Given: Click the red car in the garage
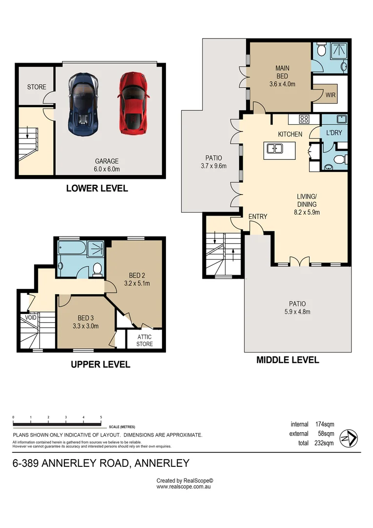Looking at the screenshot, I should (132, 103).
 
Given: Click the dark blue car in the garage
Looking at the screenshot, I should (82, 104).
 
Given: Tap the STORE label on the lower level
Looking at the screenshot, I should (37, 87).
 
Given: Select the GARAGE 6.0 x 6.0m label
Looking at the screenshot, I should (107, 165).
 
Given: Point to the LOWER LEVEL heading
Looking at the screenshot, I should (97, 188).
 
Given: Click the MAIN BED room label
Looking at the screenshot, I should (282, 76).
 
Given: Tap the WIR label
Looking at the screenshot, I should (331, 95).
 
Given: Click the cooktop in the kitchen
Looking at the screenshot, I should (304, 119).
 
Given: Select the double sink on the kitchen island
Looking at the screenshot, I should (274, 149).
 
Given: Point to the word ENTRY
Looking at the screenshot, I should (257, 216).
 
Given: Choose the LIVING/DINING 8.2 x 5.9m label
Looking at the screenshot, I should (307, 204).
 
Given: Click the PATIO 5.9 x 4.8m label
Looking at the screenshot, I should (297, 308).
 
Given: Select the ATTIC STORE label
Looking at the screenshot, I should (145, 340).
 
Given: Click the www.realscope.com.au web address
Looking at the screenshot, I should (183, 487).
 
